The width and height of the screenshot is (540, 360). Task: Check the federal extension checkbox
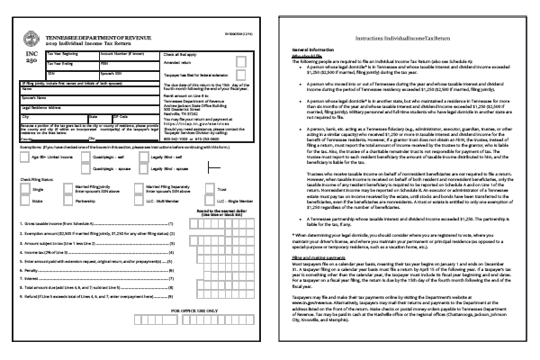click(x=242, y=85)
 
